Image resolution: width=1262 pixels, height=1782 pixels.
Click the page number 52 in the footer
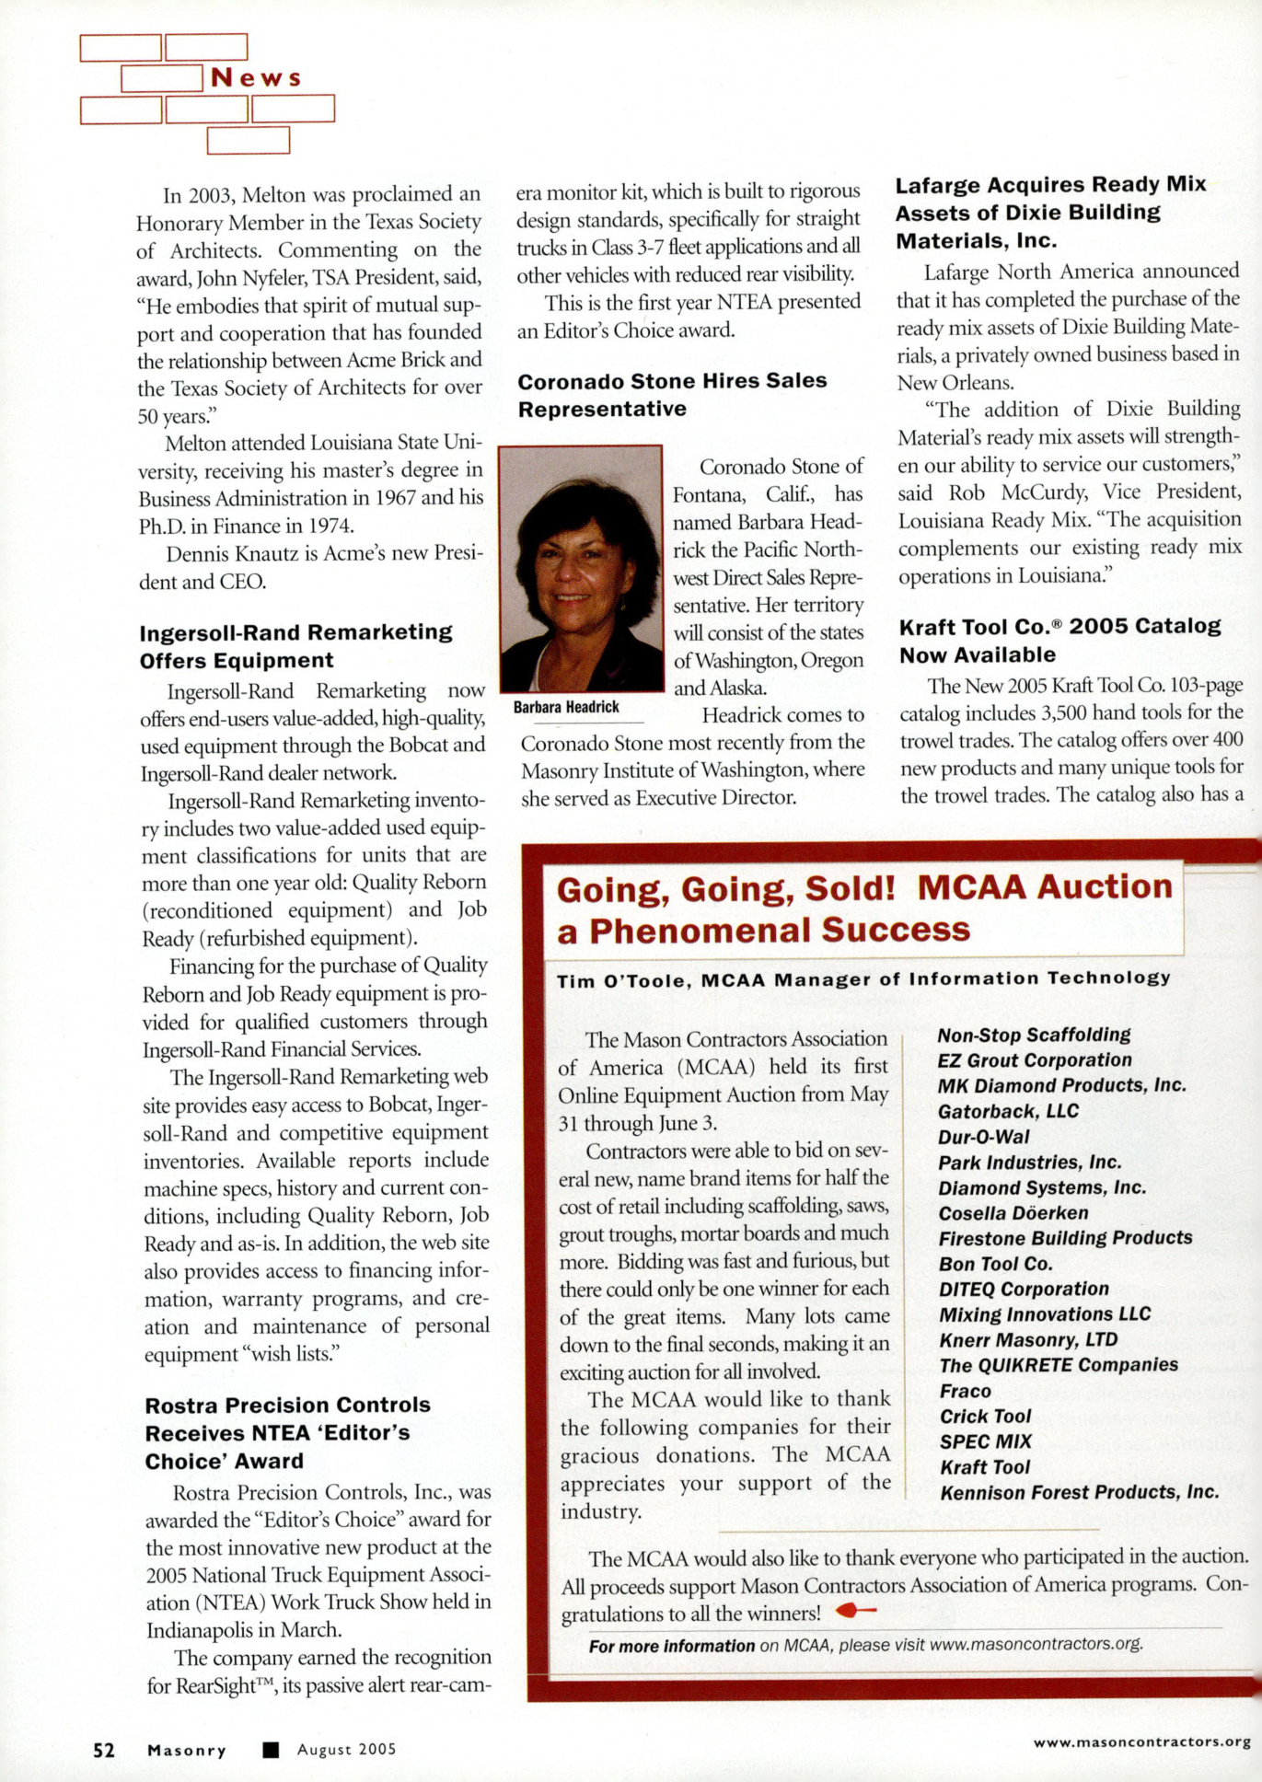click(x=104, y=1750)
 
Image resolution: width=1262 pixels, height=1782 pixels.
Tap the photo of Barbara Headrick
click(x=581, y=568)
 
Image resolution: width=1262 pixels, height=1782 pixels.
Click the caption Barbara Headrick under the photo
click(x=566, y=707)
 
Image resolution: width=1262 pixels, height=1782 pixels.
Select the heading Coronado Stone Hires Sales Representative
click(x=672, y=395)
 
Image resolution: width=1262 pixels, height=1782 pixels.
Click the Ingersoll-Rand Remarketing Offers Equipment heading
click(x=295, y=646)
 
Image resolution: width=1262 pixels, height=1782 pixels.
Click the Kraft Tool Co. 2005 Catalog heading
click(x=1059, y=640)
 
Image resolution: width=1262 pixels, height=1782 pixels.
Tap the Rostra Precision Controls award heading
click(x=287, y=1432)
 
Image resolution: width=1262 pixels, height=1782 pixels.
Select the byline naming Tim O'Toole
click(x=863, y=979)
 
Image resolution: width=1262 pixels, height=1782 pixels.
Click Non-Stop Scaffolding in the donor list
click(x=1034, y=1036)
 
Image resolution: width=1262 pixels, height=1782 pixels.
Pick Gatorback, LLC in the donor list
click(x=1008, y=1112)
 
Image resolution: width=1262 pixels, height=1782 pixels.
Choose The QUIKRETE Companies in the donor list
click(x=1059, y=1365)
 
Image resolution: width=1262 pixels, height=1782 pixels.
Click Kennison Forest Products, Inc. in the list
click(x=1079, y=1492)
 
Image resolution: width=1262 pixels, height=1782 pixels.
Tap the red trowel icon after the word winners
click(x=855, y=1612)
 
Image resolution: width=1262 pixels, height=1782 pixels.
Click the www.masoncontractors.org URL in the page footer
click(x=1141, y=1741)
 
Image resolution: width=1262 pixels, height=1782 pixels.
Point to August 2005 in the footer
click(x=346, y=1750)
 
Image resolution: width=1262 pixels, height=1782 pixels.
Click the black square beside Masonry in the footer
click(x=271, y=1750)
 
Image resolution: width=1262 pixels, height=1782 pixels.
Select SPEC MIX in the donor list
click(x=985, y=1441)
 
